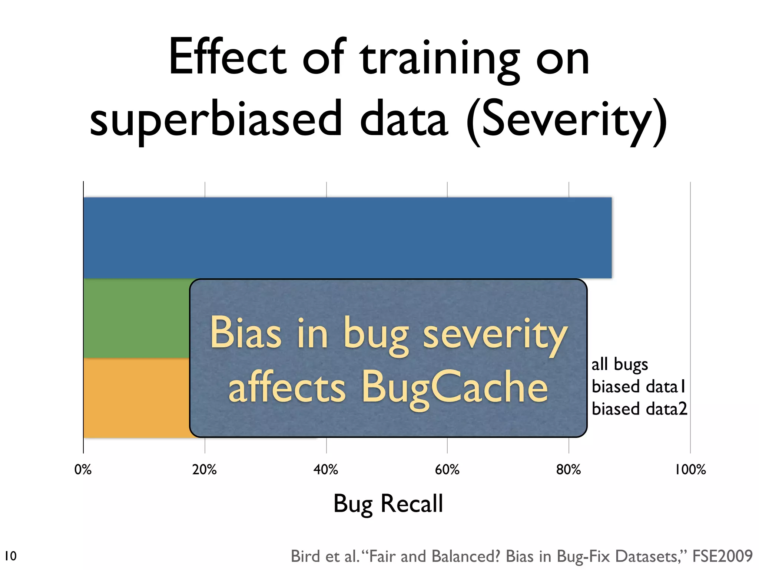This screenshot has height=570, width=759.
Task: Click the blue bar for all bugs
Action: (347, 237)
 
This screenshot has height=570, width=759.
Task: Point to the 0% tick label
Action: (83, 470)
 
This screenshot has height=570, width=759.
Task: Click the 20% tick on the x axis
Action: (205, 470)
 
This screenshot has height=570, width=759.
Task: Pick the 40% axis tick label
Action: (326, 470)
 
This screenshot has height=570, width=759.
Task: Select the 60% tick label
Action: (447, 470)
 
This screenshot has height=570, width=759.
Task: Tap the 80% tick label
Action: (569, 470)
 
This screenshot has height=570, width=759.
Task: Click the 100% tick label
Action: (690, 470)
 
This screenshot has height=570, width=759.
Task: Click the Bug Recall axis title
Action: (388, 504)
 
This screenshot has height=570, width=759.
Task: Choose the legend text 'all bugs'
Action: (620, 364)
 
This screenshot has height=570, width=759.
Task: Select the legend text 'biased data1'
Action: (639, 387)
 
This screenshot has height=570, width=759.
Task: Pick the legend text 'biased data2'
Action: (639, 409)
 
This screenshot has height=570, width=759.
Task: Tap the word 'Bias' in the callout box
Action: (246, 332)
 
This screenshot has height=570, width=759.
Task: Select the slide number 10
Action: (11, 556)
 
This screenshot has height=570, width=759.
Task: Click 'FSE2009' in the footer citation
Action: (722, 556)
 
